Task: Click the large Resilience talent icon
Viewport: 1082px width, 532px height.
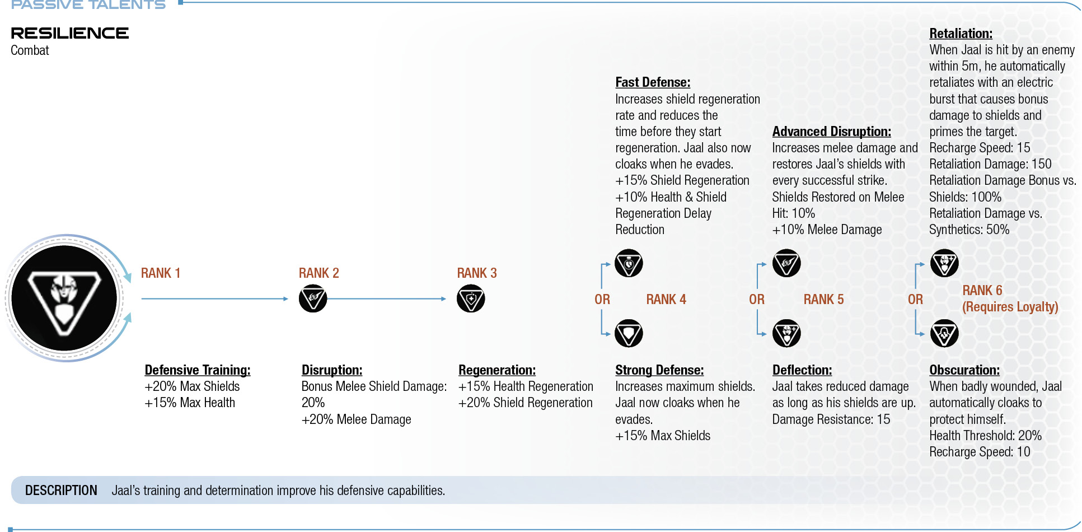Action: click(64, 298)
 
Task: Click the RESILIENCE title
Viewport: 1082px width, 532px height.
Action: click(70, 33)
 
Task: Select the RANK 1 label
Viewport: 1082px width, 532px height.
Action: click(161, 273)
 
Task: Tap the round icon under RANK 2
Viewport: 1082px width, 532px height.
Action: click(313, 298)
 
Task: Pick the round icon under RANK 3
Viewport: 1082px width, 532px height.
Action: click(471, 298)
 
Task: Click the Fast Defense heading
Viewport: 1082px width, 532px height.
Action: click(653, 82)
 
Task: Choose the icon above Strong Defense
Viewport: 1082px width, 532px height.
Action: click(629, 334)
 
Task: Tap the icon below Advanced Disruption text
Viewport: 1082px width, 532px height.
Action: click(786, 263)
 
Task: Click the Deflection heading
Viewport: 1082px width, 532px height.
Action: click(802, 370)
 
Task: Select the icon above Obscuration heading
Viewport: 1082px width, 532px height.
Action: click(944, 334)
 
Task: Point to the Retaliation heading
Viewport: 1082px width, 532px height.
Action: click(961, 34)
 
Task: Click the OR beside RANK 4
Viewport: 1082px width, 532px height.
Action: click(602, 300)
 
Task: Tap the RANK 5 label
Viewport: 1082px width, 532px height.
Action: click(823, 300)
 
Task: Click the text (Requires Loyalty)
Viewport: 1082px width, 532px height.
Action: click(1010, 307)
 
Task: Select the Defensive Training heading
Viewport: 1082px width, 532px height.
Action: click(198, 370)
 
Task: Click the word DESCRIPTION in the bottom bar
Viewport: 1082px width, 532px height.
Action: click(61, 491)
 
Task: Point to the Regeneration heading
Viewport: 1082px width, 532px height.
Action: click(497, 370)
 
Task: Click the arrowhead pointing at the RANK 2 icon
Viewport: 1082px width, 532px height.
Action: click(285, 298)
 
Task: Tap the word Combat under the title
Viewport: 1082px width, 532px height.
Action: click(30, 50)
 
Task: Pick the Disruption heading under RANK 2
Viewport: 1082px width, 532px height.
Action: click(332, 370)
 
